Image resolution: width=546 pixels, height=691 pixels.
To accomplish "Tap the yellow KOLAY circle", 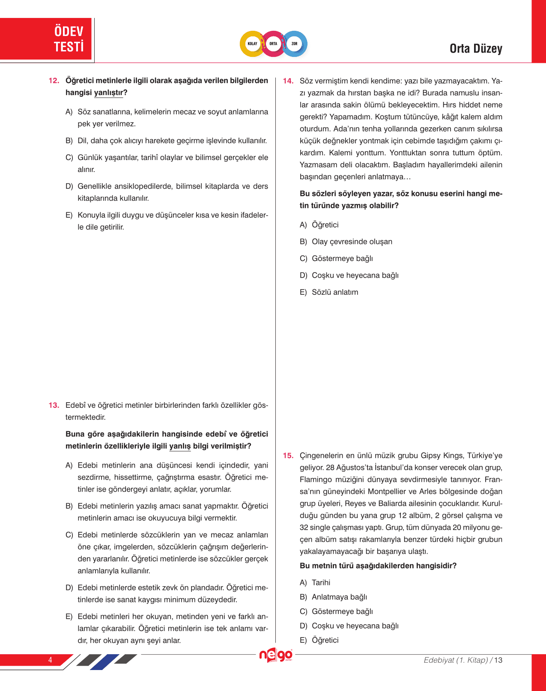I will pyautogui.click(x=252, y=44).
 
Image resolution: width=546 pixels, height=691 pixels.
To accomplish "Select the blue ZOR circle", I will pyautogui.click(x=295, y=44).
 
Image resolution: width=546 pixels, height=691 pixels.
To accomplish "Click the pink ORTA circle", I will pyautogui.click(x=273, y=44).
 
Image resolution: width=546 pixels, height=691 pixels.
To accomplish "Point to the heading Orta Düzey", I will pyautogui.click(x=476, y=49).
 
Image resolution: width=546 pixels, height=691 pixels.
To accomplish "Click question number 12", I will pyautogui.click(x=54, y=81).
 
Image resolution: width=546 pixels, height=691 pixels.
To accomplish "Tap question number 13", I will pyautogui.click(x=54, y=405).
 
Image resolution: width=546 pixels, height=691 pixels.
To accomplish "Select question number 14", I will pyautogui.click(x=288, y=81).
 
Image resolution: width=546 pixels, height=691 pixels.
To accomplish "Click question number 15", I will pyautogui.click(x=288, y=456).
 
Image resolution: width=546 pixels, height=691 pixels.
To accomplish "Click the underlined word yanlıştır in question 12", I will pyautogui.click(x=108, y=93).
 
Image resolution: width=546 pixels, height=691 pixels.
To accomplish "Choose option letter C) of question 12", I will pyautogui.click(x=69, y=157).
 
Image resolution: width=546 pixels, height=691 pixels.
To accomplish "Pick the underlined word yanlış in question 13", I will pyautogui.click(x=180, y=446).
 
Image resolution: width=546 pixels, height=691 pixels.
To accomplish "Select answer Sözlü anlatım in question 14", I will pyautogui.click(x=335, y=292).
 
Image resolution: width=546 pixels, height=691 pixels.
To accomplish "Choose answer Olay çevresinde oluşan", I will pyautogui.click(x=352, y=242).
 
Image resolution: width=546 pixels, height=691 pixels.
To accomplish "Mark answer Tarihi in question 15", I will pyautogui.click(x=321, y=583).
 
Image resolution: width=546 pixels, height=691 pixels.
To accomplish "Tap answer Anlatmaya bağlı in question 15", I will pyautogui.click(x=339, y=597).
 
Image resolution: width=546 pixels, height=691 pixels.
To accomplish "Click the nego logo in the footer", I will pyautogui.click(x=276, y=655).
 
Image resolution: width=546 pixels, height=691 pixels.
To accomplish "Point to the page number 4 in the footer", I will pyautogui.click(x=50, y=660).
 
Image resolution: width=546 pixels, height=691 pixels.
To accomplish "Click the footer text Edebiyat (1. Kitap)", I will pyautogui.click(x=456, y=660).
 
